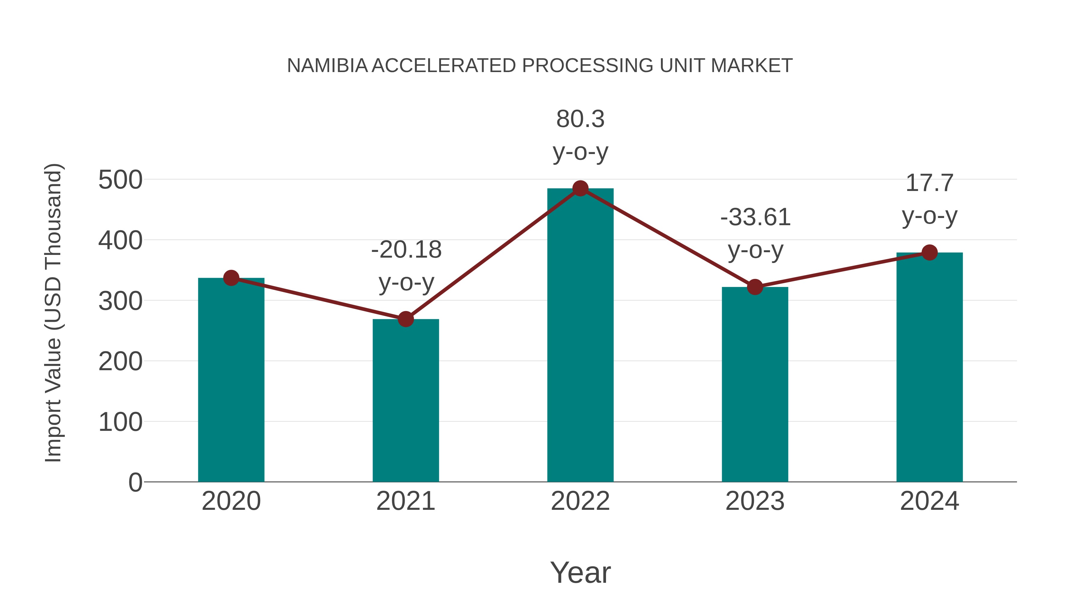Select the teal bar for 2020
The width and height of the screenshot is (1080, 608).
(x=231, y=380)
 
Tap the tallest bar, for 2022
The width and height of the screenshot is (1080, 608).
(x=580, y=336)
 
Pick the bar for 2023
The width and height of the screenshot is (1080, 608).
(x=755, y=384)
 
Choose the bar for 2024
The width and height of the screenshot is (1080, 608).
(x=929, y=367)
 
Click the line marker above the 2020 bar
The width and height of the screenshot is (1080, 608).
(x=231, y=278)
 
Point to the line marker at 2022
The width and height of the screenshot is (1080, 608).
(x=580, y=188)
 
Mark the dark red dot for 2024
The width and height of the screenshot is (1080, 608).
(x=929, y=253)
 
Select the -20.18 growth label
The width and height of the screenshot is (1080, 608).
(x=406, y=250)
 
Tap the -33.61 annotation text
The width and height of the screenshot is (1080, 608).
(x=755, y=217)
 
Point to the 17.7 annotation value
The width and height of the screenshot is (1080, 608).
(x=929, y=183)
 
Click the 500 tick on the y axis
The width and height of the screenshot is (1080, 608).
(x=120, y=180)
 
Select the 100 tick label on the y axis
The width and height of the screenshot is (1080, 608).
(x=120, y=422)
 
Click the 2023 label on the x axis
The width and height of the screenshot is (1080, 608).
(x=755, y=501)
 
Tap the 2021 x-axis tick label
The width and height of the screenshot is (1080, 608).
(x=405, y=501)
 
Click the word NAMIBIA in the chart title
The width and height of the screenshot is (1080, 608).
(x=327, y=66)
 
